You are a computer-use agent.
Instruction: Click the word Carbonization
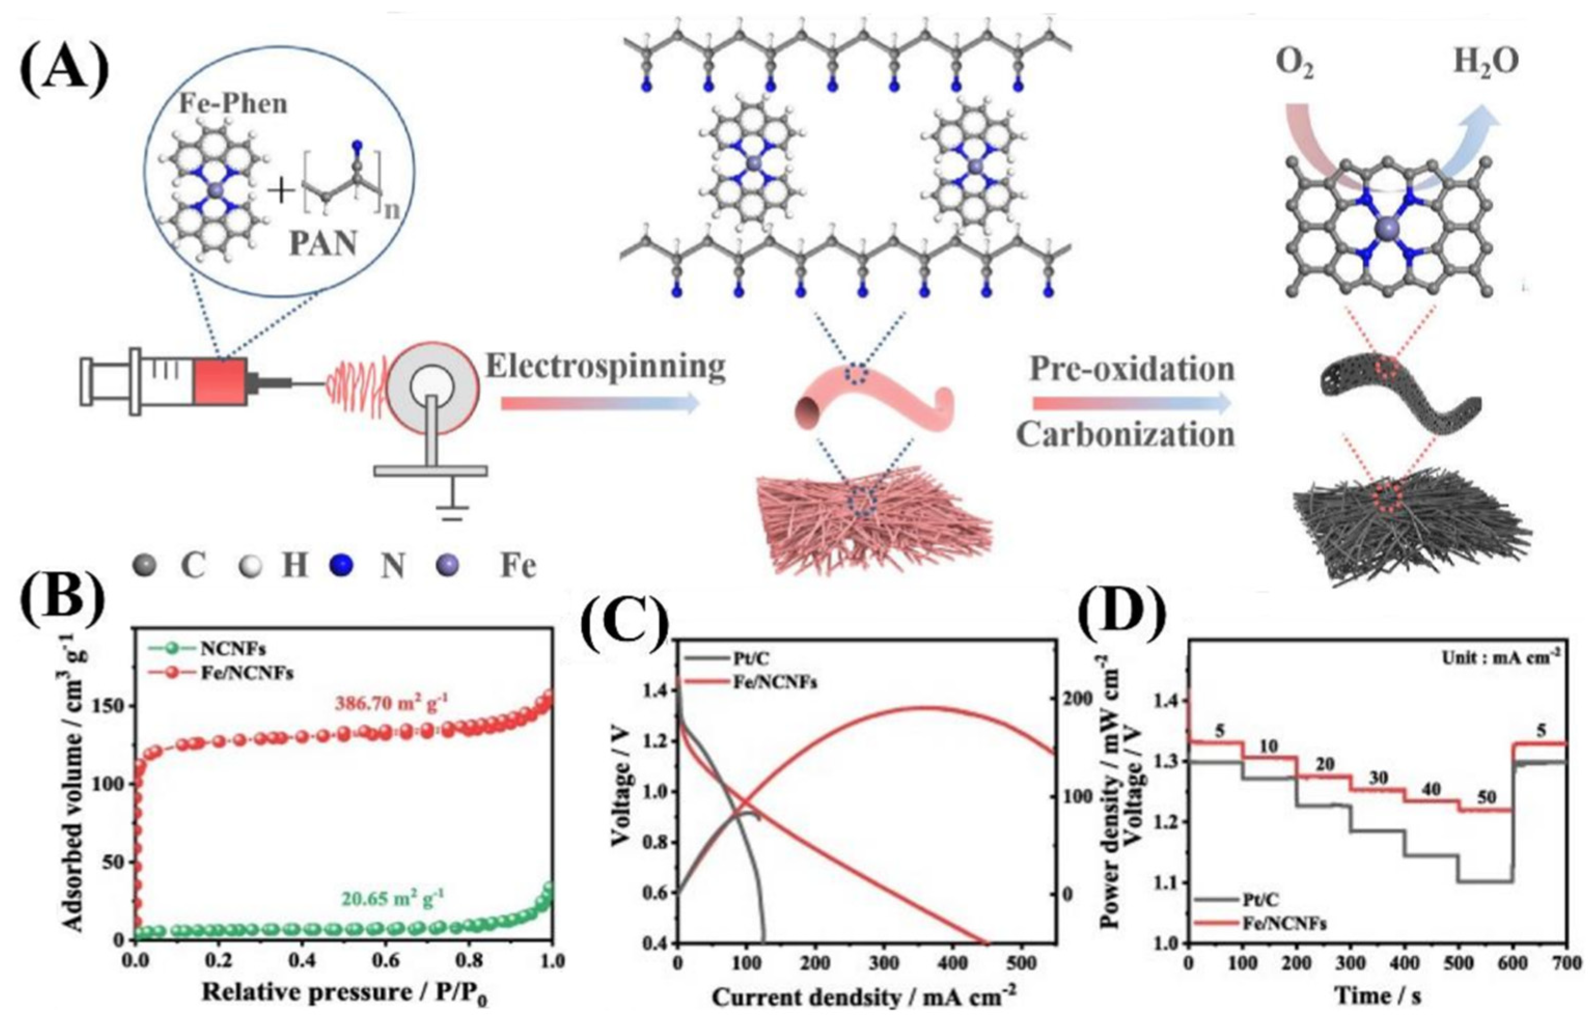(x=1125, y=435)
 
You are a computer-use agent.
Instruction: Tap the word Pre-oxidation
(x=1132, y=369)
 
